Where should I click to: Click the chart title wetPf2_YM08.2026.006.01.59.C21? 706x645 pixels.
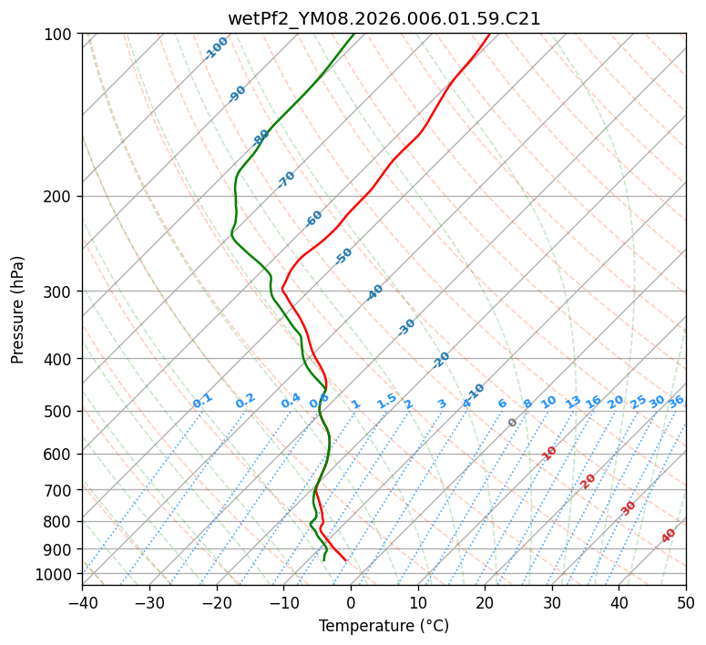(x=384, y=18)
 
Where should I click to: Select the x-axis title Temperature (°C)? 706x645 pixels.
(x=384, y=627)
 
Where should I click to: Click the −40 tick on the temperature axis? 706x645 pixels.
(x=82, y=602)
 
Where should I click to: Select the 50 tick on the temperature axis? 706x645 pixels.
(x=686, y=602)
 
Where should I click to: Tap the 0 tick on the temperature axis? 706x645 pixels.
(x=351, y=602)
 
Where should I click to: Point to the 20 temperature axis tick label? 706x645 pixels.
(x=485, y=602)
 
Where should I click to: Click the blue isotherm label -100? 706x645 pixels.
(x=217, y=48)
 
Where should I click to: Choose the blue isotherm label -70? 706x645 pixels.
(x=286, y=179)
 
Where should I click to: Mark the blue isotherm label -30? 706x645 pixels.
(x=406, y=327)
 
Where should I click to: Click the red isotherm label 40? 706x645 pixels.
(x=669, y=536)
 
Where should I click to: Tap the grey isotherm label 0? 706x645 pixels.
(x=513, y=423)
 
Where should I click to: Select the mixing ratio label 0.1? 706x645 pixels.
(x=202, y=400)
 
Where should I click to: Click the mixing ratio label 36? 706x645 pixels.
(x=676, y=401)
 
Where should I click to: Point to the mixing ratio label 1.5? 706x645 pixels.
(x=386, y=400)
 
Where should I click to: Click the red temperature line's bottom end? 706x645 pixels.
(x=345, y=560)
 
